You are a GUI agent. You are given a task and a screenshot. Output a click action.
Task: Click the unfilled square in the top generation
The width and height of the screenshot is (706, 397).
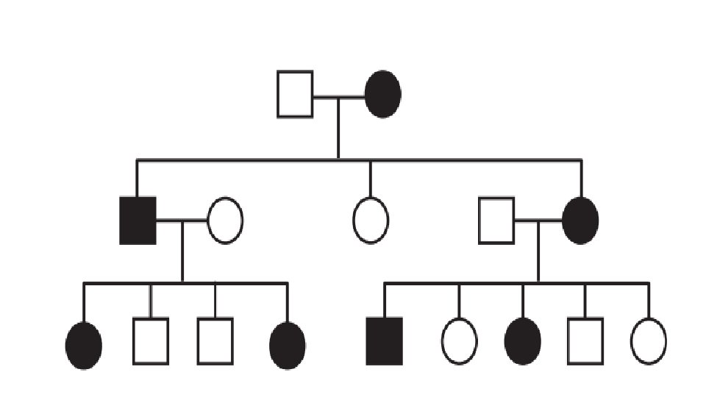295,94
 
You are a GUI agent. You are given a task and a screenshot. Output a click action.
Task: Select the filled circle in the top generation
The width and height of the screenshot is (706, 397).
383,94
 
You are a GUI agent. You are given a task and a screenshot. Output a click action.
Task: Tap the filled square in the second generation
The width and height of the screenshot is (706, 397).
138,221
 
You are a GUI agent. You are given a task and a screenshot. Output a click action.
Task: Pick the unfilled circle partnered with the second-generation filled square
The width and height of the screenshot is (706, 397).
225,221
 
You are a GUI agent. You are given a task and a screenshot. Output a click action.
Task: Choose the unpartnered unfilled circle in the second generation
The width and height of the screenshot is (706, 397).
371,221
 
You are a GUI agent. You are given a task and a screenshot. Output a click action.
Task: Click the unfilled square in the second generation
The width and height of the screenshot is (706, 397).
496,221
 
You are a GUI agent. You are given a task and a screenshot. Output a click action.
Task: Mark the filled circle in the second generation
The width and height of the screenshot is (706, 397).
581,221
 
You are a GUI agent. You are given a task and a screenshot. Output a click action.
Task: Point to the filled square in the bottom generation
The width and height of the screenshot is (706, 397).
385,341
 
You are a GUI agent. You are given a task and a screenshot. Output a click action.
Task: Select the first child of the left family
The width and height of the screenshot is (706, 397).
84,345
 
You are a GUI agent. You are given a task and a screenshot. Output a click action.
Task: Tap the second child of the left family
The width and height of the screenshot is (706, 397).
151,341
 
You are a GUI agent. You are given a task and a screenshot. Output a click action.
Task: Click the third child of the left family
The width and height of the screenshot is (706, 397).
215,341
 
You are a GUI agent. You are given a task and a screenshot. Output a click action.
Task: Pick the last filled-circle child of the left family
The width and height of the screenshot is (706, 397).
288,345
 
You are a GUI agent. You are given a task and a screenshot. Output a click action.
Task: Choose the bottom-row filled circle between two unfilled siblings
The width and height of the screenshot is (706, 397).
523,342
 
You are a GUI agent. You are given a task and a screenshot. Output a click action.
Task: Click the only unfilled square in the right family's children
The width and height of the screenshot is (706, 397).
585,341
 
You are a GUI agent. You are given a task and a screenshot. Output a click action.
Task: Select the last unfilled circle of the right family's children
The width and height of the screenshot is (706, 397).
649,341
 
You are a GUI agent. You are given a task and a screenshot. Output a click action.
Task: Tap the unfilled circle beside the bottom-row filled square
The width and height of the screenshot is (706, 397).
459,342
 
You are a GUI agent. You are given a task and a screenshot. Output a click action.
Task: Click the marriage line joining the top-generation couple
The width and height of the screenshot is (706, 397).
339,95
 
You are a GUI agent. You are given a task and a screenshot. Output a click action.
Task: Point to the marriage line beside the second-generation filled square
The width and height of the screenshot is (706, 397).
182,221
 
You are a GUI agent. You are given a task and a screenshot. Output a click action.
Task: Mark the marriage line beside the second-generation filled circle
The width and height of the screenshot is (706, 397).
538,221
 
